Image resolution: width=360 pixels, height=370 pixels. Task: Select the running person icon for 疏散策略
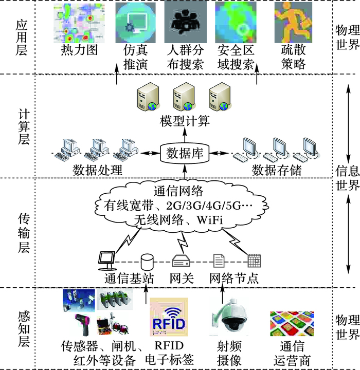click(293, 23)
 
